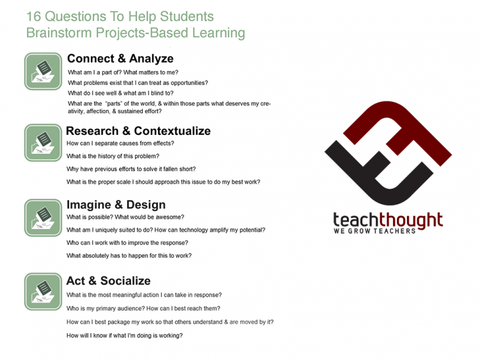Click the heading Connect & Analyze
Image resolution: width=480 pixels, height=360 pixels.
[x=120, y=59]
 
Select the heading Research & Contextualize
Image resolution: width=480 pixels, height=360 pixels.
[x=138, y=131]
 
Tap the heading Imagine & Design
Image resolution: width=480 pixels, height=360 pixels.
[x=116, y=205]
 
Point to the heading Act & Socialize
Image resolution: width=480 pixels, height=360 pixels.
[x=108, y=281]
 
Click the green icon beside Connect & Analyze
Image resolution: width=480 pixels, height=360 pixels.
[x=43, y=71]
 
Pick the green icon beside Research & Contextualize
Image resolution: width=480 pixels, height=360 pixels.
[x=43, y=143]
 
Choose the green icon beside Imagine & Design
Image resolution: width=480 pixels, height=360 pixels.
[x=43, y=217]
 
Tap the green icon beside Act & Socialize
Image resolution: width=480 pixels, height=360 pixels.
[x=43, y=292]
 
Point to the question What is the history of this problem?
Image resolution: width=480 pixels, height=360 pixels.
[x=113, y=156]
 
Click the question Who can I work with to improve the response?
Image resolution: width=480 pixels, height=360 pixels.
[x=127, y=243]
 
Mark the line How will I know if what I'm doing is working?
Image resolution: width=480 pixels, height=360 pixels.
[x=124, y=336]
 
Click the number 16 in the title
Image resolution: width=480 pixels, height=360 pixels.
[x=34, y=16]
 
